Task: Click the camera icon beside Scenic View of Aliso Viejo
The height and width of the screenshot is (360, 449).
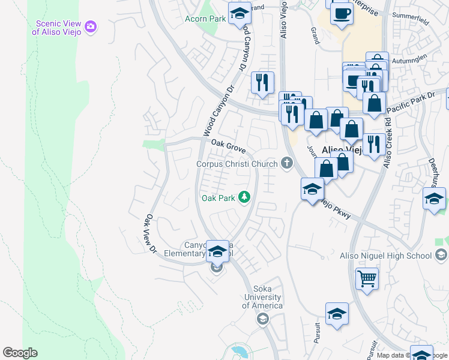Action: click(91, 26)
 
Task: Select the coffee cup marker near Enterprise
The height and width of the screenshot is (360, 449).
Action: click(342, 13)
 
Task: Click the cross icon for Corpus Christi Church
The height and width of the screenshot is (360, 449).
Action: click(287, 163)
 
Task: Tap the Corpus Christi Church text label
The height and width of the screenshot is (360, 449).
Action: click(237, 164)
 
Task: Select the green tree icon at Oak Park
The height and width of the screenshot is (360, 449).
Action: click(244, 197)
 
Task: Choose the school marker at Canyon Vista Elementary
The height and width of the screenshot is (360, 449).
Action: click(217, 250)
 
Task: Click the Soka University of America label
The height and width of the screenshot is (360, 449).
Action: click(262, 297)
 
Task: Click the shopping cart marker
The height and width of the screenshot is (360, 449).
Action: click(367, 278)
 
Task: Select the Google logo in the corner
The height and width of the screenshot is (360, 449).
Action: click(20, 353)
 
